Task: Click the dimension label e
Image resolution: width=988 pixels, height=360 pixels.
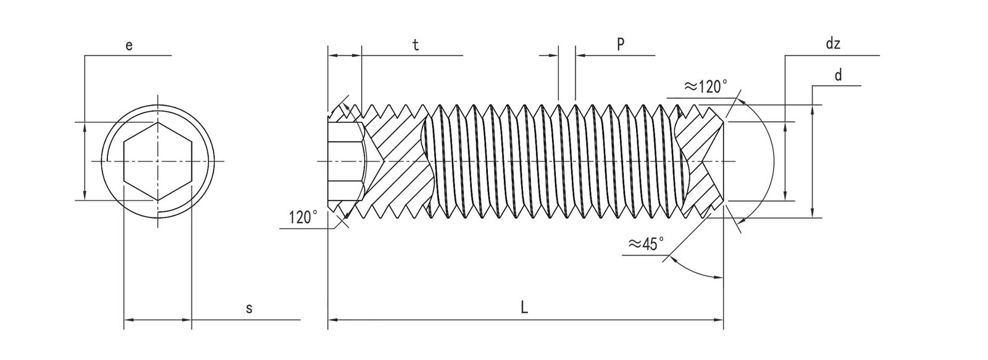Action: tap(128, 45)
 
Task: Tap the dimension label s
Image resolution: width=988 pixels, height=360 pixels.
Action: tap(249, 308)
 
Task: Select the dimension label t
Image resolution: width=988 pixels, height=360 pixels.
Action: tap(416, 45)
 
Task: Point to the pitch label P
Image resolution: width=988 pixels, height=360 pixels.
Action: tap(621, 44)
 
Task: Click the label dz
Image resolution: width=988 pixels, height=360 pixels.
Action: tap(833, 44)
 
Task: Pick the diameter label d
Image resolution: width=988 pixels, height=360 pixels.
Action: tap(838, 75)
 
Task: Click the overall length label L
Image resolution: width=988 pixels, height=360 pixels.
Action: tap(524, 308)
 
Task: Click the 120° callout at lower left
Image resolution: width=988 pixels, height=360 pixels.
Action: tap(303, 217)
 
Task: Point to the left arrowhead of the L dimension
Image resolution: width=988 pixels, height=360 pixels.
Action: tap(332, 320)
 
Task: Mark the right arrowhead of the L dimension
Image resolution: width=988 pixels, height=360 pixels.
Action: tap(718, 320)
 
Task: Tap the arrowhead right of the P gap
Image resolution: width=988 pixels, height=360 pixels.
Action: tap(580, 56)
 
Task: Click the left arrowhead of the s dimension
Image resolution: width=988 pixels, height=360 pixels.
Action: tap(129, 320)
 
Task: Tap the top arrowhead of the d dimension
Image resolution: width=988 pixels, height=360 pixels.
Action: tap(813, 109)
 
